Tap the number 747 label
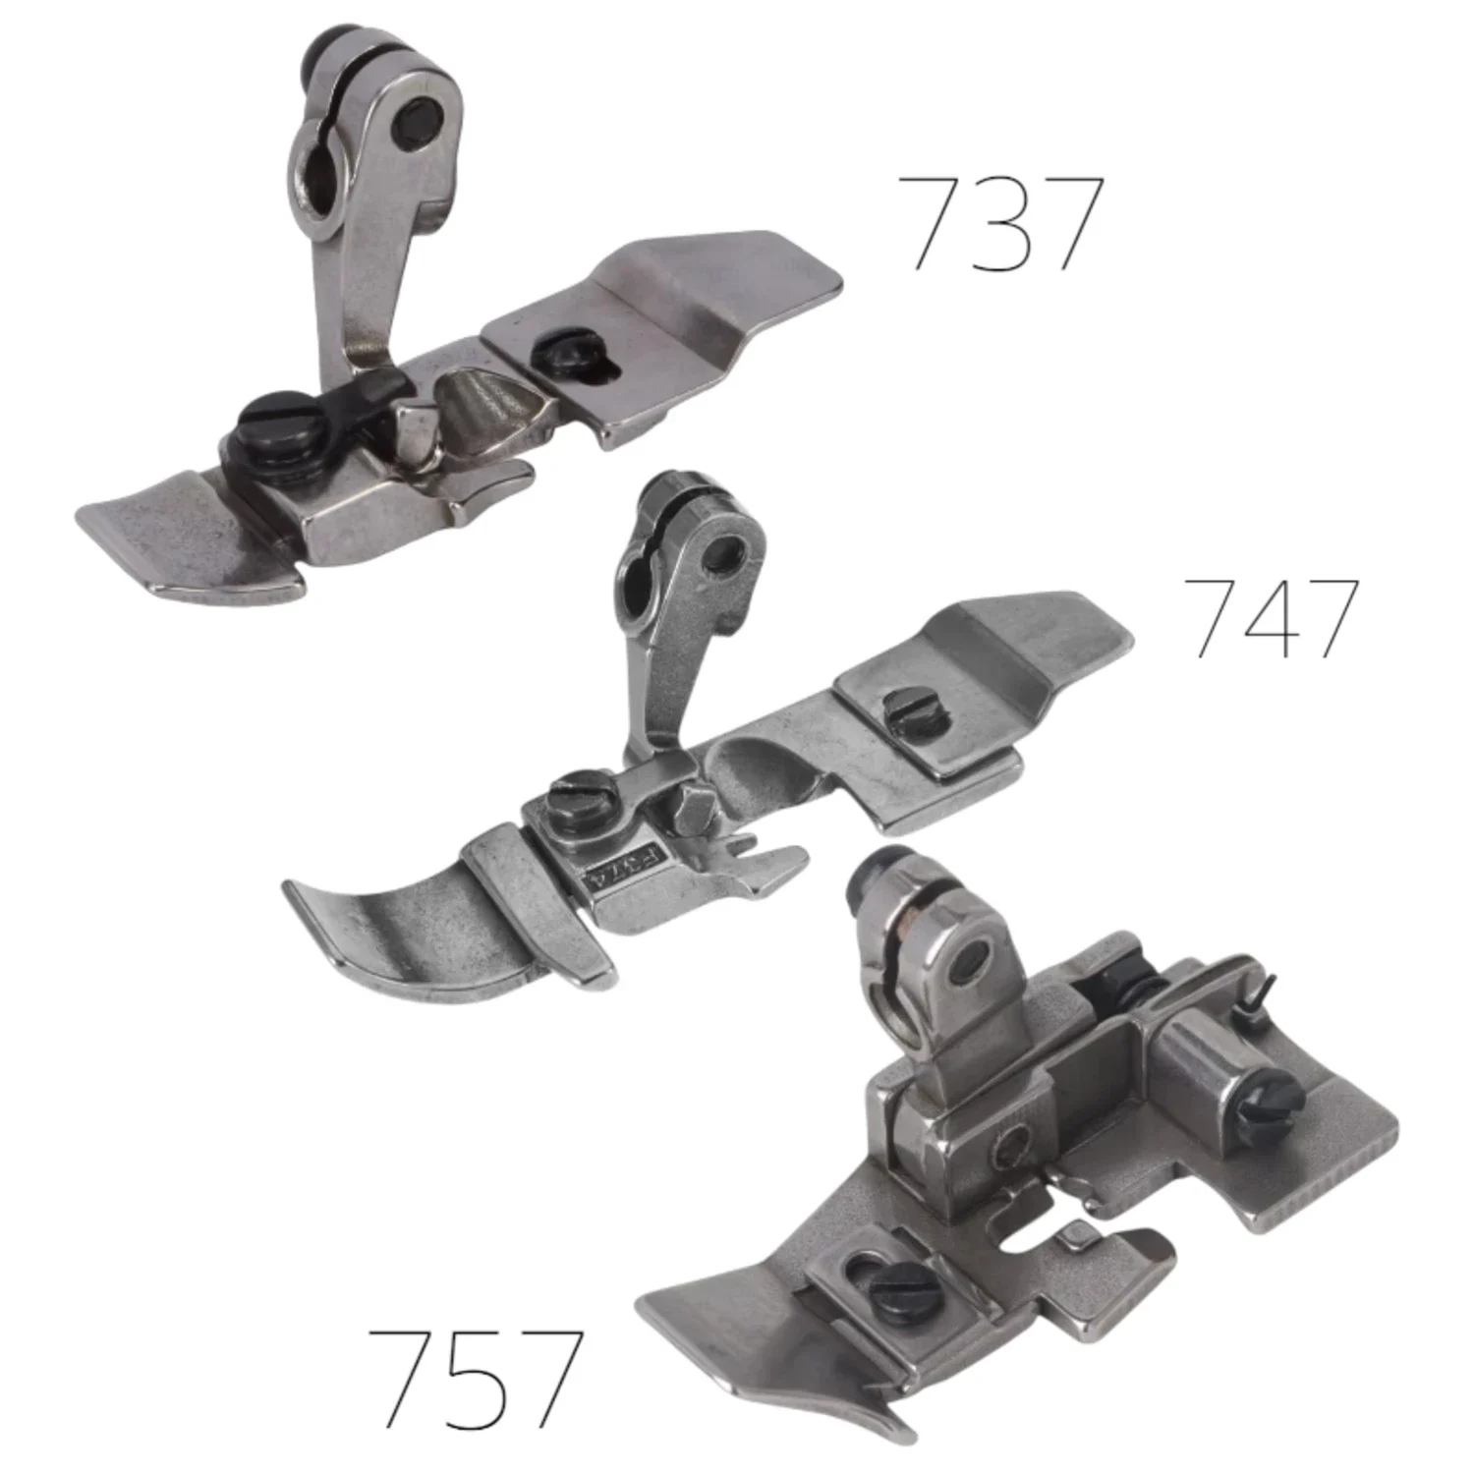click(1272, 617)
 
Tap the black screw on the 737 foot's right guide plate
click(557, 351)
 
